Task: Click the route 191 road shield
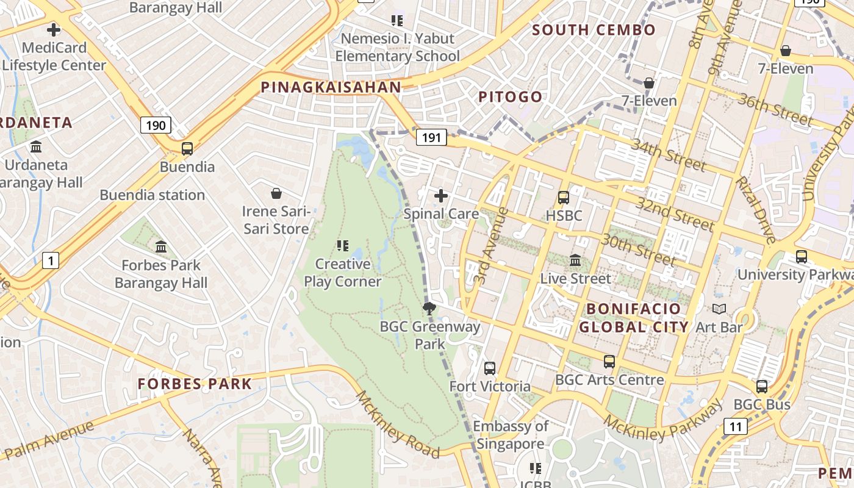pos(431,137)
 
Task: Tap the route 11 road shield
pos(736,426)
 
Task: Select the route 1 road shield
pos(51,261)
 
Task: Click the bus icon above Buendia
pos(187,148)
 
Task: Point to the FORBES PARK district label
pos(195,384)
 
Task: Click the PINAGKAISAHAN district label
pos(331,87)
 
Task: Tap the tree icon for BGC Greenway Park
pos(429,308)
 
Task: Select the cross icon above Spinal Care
pos(440,196)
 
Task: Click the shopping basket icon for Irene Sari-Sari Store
pos(276,193)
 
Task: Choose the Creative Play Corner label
pos(342,273)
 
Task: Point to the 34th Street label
pos(668,155)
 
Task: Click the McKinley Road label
pos(397,425)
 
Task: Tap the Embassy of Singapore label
pos(511,435)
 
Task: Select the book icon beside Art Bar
pos(719,309)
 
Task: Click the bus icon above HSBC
pos(563,198)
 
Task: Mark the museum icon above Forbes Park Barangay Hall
pos(161,247)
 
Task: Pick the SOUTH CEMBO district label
pos(594,30)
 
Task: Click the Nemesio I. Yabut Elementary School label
pos(397,47)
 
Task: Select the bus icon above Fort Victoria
pos(489,368)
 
